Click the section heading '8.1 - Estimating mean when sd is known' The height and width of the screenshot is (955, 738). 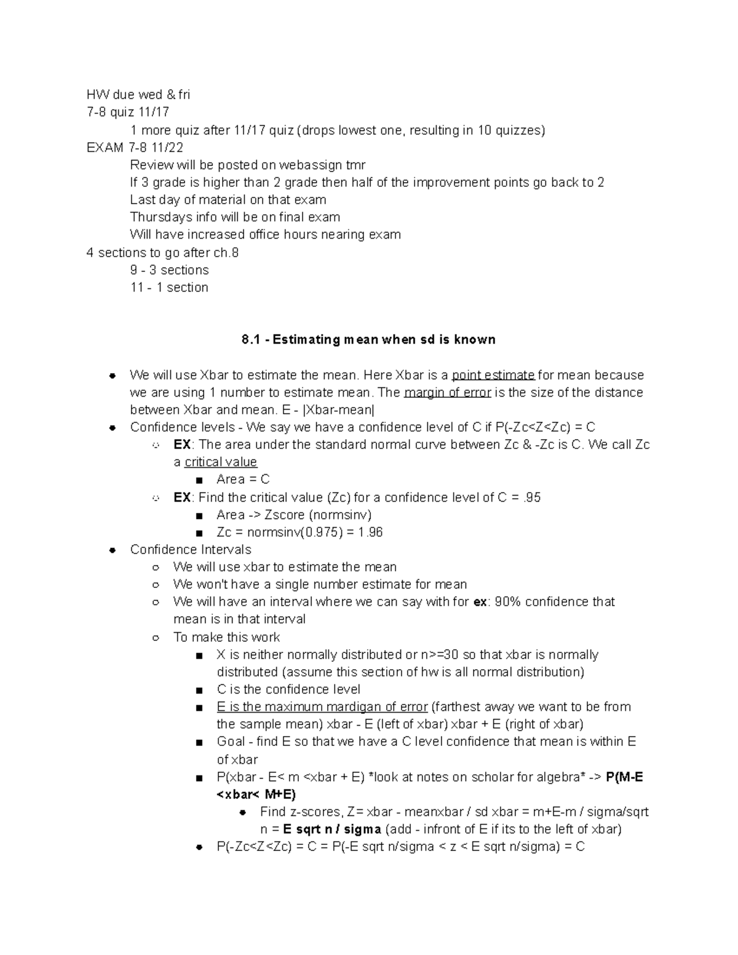click(368, 339)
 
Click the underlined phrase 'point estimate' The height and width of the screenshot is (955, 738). click(493, 375)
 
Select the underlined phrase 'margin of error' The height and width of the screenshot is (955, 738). click(446, 392)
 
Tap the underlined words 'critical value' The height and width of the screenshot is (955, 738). click(221, 462)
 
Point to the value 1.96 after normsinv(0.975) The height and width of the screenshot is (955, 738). click(370, 532)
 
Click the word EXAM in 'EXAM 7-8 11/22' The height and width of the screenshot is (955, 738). click(105, 148)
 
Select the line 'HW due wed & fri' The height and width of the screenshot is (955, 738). click(138, 95)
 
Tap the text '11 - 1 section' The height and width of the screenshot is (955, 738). click(169, 287)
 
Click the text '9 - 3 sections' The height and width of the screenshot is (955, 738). click(169, 270)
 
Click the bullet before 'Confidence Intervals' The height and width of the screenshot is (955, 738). click(113, 550)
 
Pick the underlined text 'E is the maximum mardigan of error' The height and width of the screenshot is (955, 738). click(322, 707)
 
